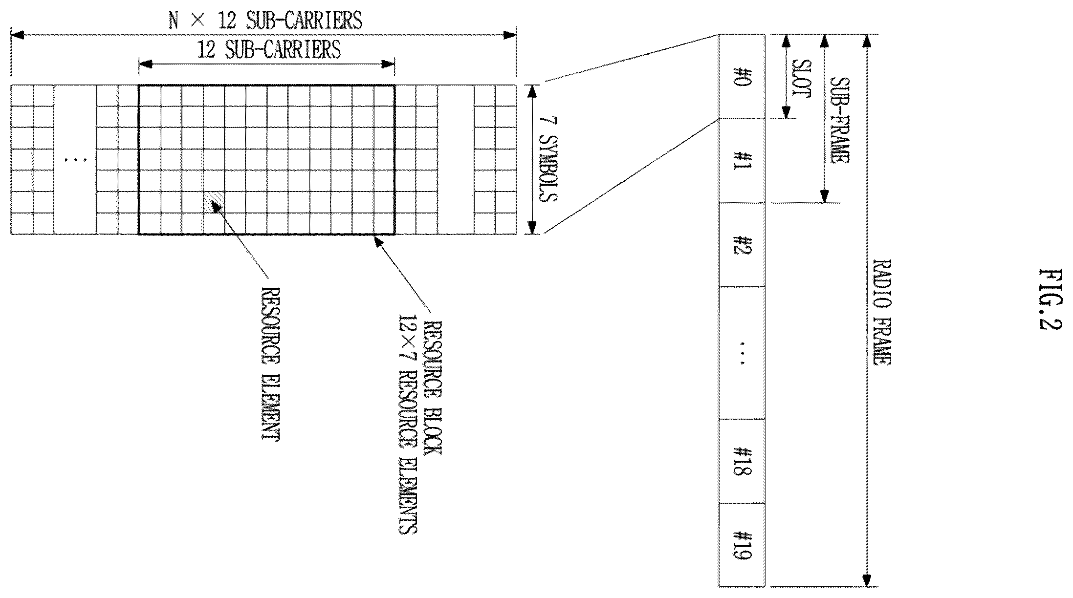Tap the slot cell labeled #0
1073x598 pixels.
[742, 76]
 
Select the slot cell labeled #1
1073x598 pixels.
[742, 161]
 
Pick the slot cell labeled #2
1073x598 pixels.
[742, 245]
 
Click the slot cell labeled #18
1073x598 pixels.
[742, 461]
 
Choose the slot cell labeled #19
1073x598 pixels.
[742, 545]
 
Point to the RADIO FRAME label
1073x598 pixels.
[882, 312]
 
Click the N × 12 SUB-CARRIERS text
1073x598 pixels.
[265, 20]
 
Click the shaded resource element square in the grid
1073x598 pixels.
[214, 202]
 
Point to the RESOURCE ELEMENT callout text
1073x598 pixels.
[270, 364]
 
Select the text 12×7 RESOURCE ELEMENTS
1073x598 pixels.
[407, 424]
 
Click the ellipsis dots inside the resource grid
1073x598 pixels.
[75, 159]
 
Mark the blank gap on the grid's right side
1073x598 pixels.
[456, 160]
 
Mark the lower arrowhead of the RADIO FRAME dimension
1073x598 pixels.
[867, 580]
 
